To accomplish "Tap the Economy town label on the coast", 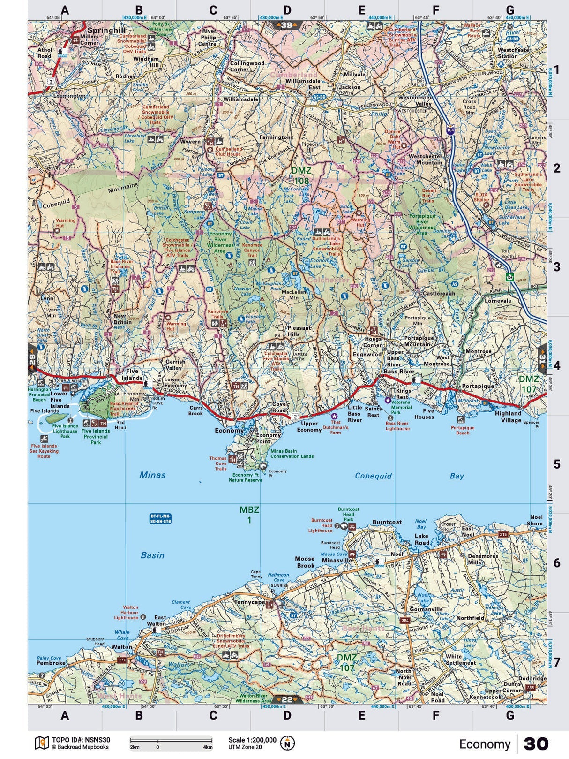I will (229, 430).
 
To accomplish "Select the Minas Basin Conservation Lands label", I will (292, 453).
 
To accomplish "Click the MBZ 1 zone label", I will (249, 515).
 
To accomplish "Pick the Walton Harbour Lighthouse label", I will (126, 612).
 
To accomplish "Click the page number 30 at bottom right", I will (536, 744).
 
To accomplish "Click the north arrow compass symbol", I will (287, 743).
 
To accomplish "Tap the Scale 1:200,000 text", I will (252, 740).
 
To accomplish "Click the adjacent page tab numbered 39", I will (287, 25).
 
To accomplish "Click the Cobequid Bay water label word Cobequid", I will (373, 476).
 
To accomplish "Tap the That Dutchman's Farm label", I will (339, 427).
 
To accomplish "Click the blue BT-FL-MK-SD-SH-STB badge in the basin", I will (160, 518).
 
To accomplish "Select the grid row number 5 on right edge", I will (556, 464).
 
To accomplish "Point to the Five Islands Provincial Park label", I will (96, 436).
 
